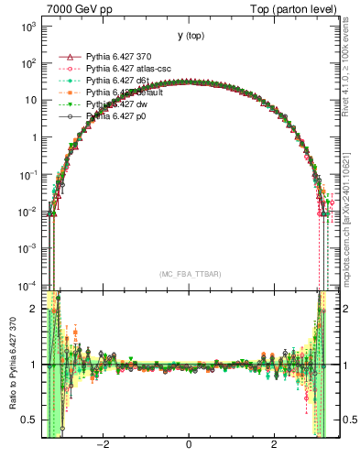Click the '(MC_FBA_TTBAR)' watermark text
(x=189, y=274)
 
